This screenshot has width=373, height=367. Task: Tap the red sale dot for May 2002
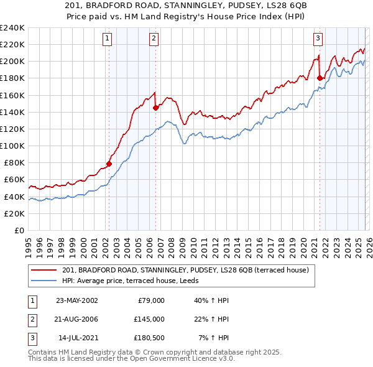[x=109, y=164]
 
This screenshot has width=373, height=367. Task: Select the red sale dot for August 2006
[x=155, y=108]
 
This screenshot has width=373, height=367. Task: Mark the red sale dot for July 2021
[x=320, y=78]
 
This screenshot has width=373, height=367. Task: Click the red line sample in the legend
[x=44, y=270]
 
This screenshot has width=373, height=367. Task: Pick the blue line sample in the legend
[x=44, y=281]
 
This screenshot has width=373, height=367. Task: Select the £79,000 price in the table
[x=150, y=300]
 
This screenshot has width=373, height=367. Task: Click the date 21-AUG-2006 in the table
[x=76, y=319]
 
